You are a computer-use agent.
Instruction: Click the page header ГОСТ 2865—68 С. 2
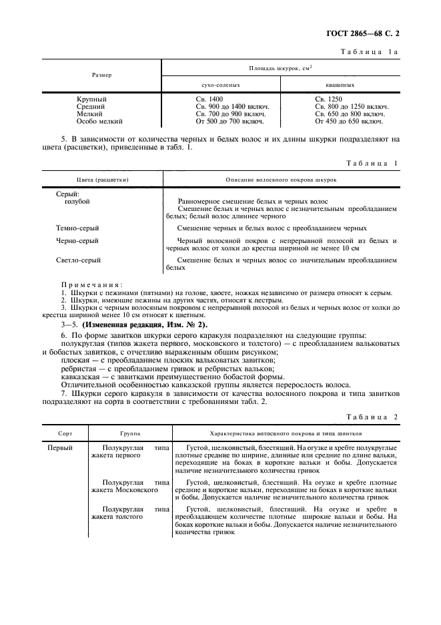coord(365,31)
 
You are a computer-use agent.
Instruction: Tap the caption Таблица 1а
coord(369,51)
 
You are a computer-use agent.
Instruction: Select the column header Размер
coord(102,75)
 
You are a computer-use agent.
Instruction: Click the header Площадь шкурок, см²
coord(282,68)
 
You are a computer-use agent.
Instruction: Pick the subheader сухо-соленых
coord(220,85)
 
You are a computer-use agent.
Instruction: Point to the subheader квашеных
coord(340,85)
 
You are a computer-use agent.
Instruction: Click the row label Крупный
coord(91,99)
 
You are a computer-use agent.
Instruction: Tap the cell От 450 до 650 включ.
coord(348,122)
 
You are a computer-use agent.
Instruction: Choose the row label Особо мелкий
coord(99,122)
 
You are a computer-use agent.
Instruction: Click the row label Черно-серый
coord(77,241)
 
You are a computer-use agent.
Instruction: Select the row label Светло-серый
coord(79,260)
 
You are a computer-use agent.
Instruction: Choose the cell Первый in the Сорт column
coord(60,448)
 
